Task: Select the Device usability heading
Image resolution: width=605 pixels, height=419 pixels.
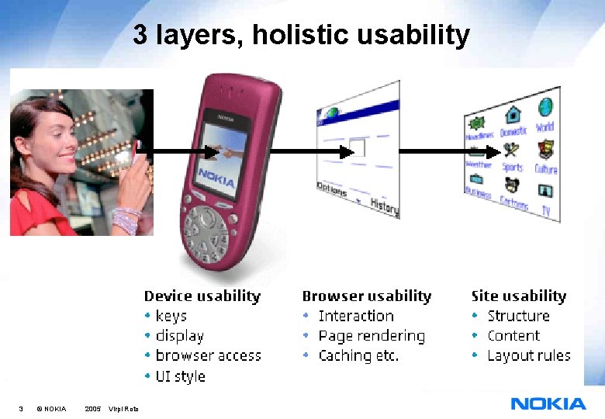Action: [x=202, y=296]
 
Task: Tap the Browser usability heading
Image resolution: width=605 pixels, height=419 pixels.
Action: [x=366, y=296]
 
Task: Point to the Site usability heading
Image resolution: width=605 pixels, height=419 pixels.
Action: [x=518, y=296]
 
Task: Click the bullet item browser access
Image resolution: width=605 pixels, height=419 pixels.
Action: [x=208, y=356]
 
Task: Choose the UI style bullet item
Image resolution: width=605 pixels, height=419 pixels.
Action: [x=180, y=376]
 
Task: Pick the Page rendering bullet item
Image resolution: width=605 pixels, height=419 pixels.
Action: [x=372, y=336]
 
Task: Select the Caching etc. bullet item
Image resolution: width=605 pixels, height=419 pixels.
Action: [x=358, y=356]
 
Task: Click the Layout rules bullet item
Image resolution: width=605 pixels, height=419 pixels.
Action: [x=528, y=356]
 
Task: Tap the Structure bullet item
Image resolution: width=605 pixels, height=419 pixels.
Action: [x=518, y=316]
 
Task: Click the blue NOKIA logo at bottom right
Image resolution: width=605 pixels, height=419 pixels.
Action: [x=548, y=403]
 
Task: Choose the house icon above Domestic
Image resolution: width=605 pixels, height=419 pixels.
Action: [x=513, y=116]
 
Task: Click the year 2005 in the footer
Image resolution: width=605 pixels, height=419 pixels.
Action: [x=92, y=409]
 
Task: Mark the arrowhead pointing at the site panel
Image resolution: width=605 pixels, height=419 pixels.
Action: [x=456, y=150]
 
